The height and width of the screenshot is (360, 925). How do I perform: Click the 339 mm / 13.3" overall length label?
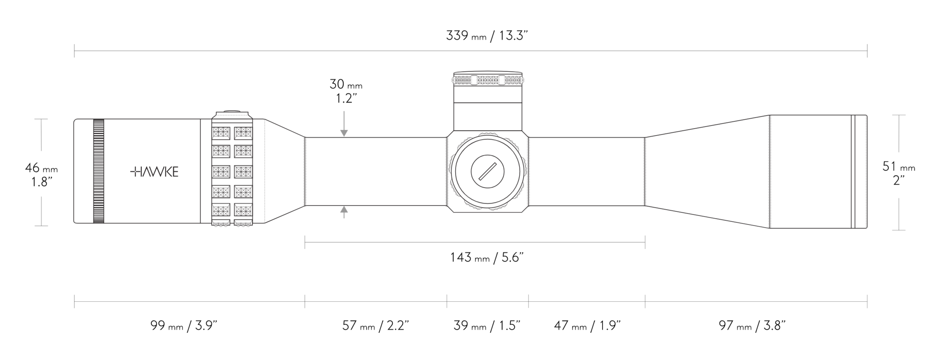click(487, 36)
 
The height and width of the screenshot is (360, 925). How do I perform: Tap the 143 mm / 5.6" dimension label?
click(486, 257)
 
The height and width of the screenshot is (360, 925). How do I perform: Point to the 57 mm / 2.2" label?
click(375, 325)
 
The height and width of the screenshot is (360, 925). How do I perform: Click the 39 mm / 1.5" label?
click(487, 325)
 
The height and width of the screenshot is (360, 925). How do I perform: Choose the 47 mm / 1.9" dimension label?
click(587, 325)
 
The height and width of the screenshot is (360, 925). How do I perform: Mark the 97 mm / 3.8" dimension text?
click(752, 325)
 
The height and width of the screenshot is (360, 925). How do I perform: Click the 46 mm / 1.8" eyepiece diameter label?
click(41, 175)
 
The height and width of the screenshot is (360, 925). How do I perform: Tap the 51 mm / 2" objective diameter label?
click(899, 173)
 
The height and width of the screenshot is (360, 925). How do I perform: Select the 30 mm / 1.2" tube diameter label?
click(346, 91)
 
